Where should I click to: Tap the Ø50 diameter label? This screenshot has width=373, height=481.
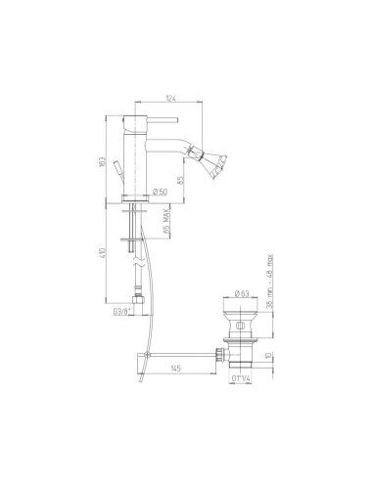click(163, 194)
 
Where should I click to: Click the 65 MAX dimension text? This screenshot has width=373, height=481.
click(168, 232)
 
